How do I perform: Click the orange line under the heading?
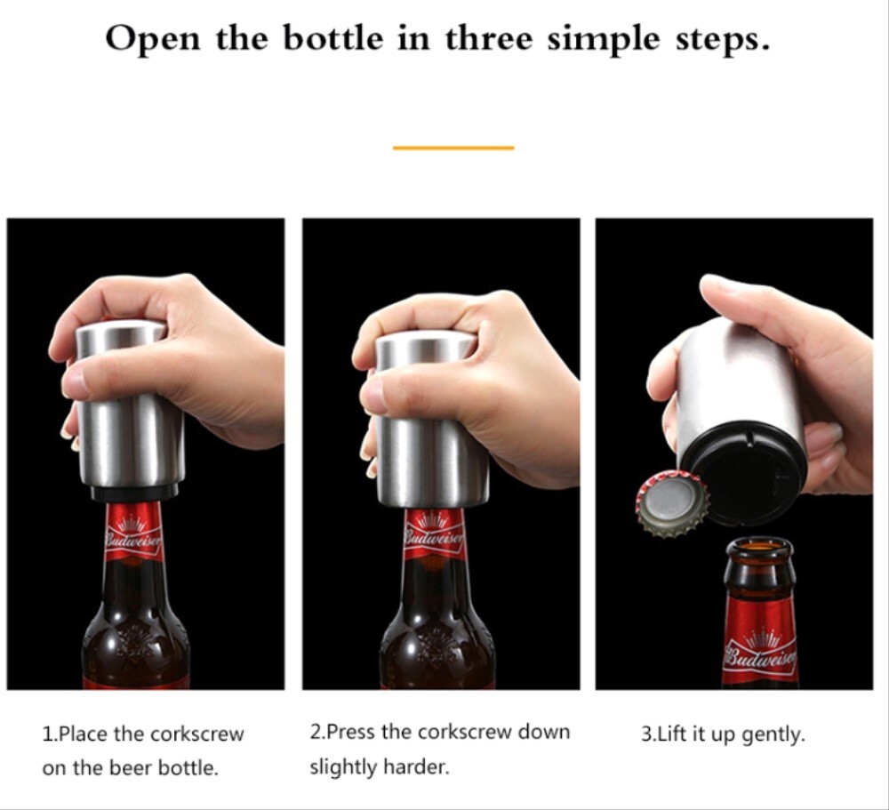pyautogui.click(x=453, y=148)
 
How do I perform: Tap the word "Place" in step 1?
pyautogui.click(x=85, y=734)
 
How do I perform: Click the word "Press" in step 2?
pyautogui.click(x=352, y=733)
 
